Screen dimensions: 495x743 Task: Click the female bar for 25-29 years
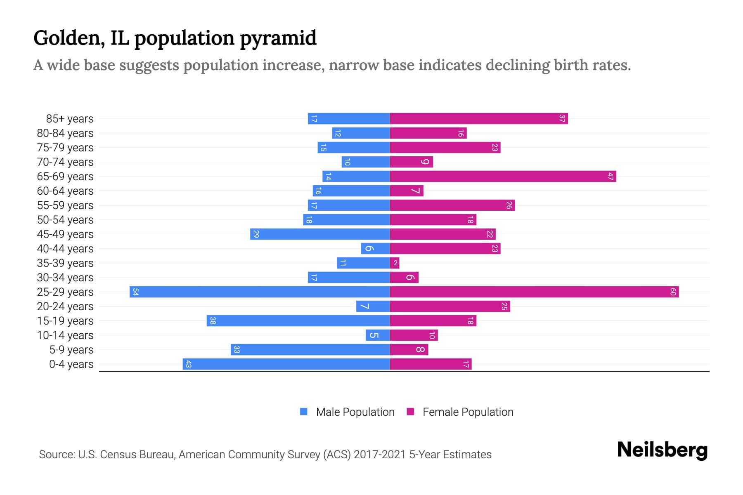534,292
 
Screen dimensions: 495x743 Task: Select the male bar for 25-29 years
260,292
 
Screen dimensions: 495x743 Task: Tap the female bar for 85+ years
479,118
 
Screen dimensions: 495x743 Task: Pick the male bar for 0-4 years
286,364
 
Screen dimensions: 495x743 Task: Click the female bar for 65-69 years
503,176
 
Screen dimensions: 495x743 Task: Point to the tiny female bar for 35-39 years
395,263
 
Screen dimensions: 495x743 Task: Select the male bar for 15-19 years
298,321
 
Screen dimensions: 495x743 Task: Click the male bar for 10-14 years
378,335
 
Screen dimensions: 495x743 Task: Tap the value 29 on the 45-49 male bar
256,234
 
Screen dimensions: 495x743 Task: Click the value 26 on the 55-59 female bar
509,205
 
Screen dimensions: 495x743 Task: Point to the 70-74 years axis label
65,162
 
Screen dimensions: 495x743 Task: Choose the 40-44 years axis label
65,249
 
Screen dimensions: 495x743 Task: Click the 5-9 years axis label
71,350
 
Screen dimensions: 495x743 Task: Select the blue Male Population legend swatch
304,412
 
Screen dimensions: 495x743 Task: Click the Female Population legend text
468,412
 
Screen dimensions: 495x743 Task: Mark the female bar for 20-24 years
450,306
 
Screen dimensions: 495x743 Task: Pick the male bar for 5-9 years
310,349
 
